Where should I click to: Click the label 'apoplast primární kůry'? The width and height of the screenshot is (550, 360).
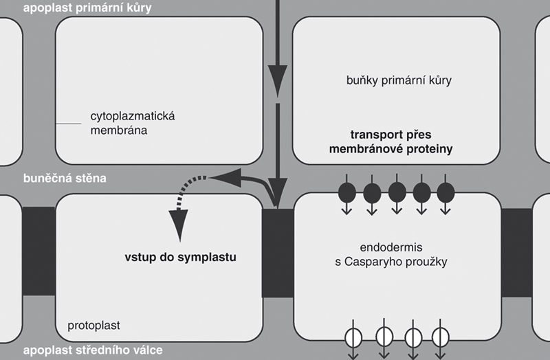point(87,8)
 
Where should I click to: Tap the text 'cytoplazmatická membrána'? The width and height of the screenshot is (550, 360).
point(133,123)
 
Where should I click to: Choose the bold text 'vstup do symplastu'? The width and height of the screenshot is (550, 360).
point(180,259)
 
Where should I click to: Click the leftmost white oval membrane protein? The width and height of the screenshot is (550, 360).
point(354,337)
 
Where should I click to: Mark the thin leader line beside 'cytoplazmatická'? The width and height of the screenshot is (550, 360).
point(69,124)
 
